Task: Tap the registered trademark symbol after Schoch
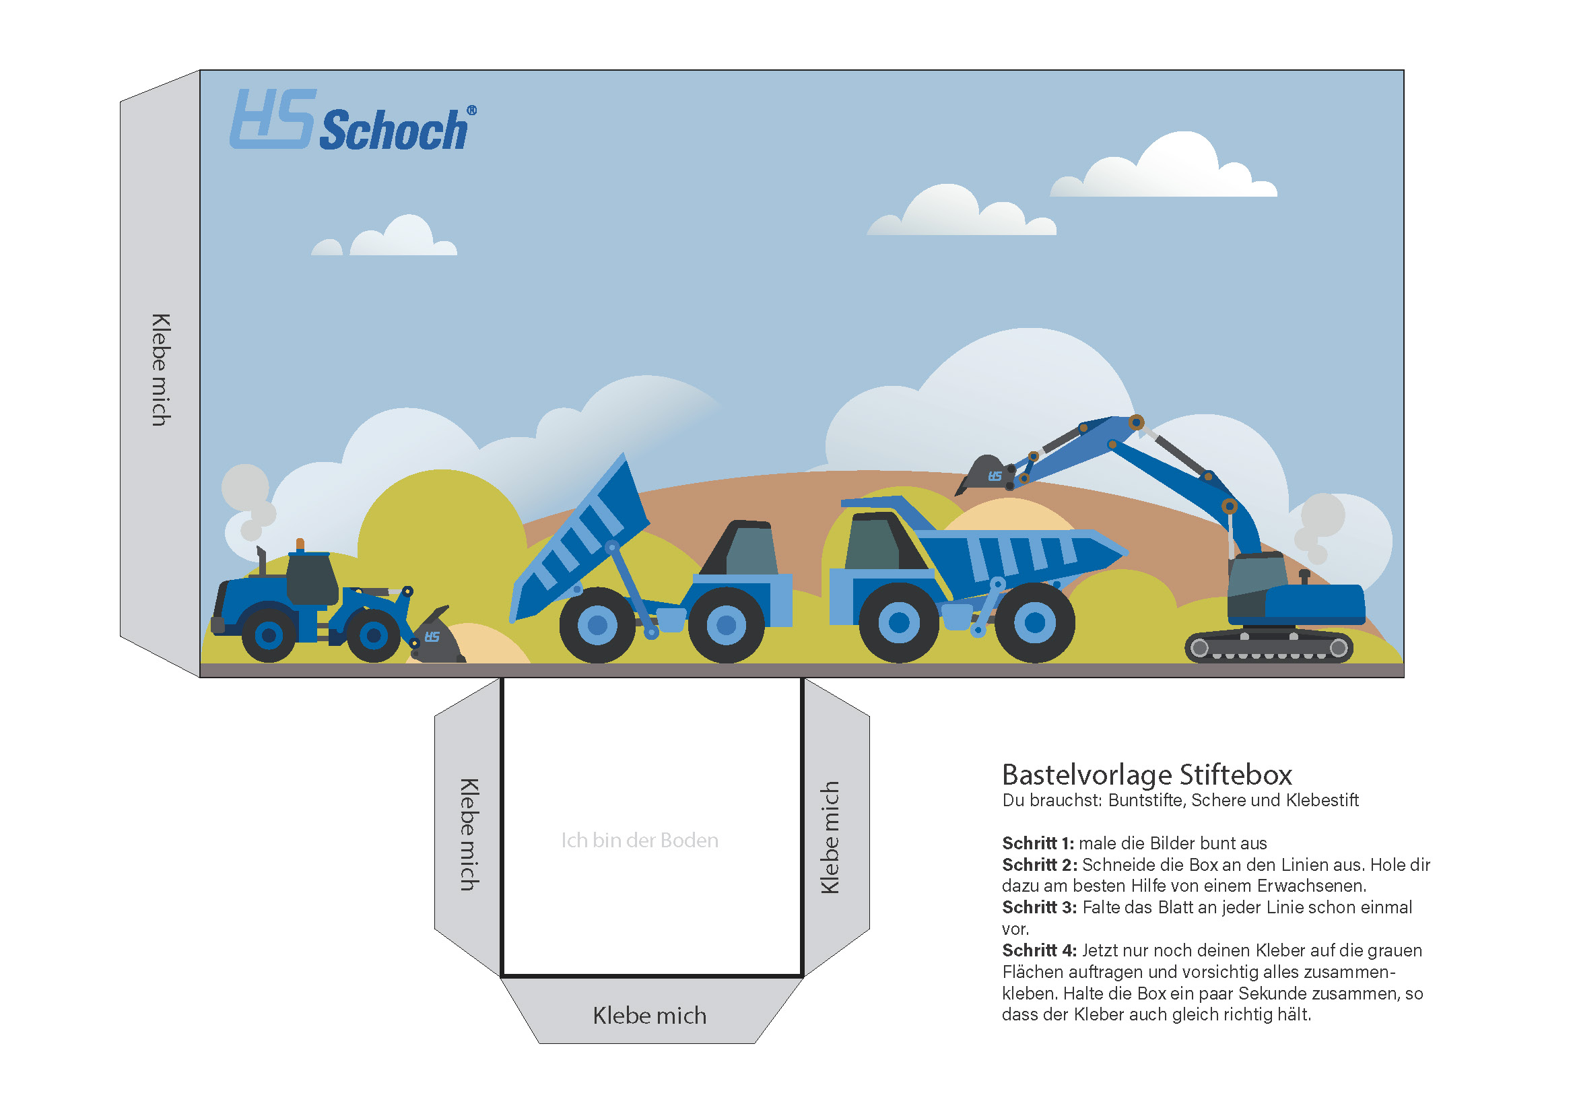pos(472,110)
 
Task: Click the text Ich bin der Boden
pos(639,841)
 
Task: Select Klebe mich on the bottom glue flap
pos(649,1016)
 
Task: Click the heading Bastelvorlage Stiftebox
pos(1147,775)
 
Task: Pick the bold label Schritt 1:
pos(1038,843)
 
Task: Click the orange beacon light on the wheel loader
pos(300,544)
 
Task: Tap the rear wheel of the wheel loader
pos(269,635)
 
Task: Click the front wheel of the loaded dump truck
pos(899,623)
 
